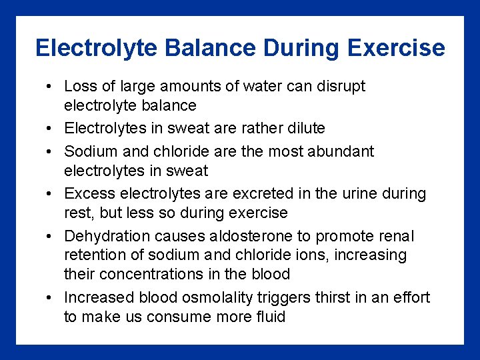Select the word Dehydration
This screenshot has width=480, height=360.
click(107, 236)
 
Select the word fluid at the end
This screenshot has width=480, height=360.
click(269, 317)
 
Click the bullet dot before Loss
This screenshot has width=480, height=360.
click(50, 87)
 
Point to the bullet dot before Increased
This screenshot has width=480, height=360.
click(50, 298)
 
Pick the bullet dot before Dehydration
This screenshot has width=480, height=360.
click(50, 237)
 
